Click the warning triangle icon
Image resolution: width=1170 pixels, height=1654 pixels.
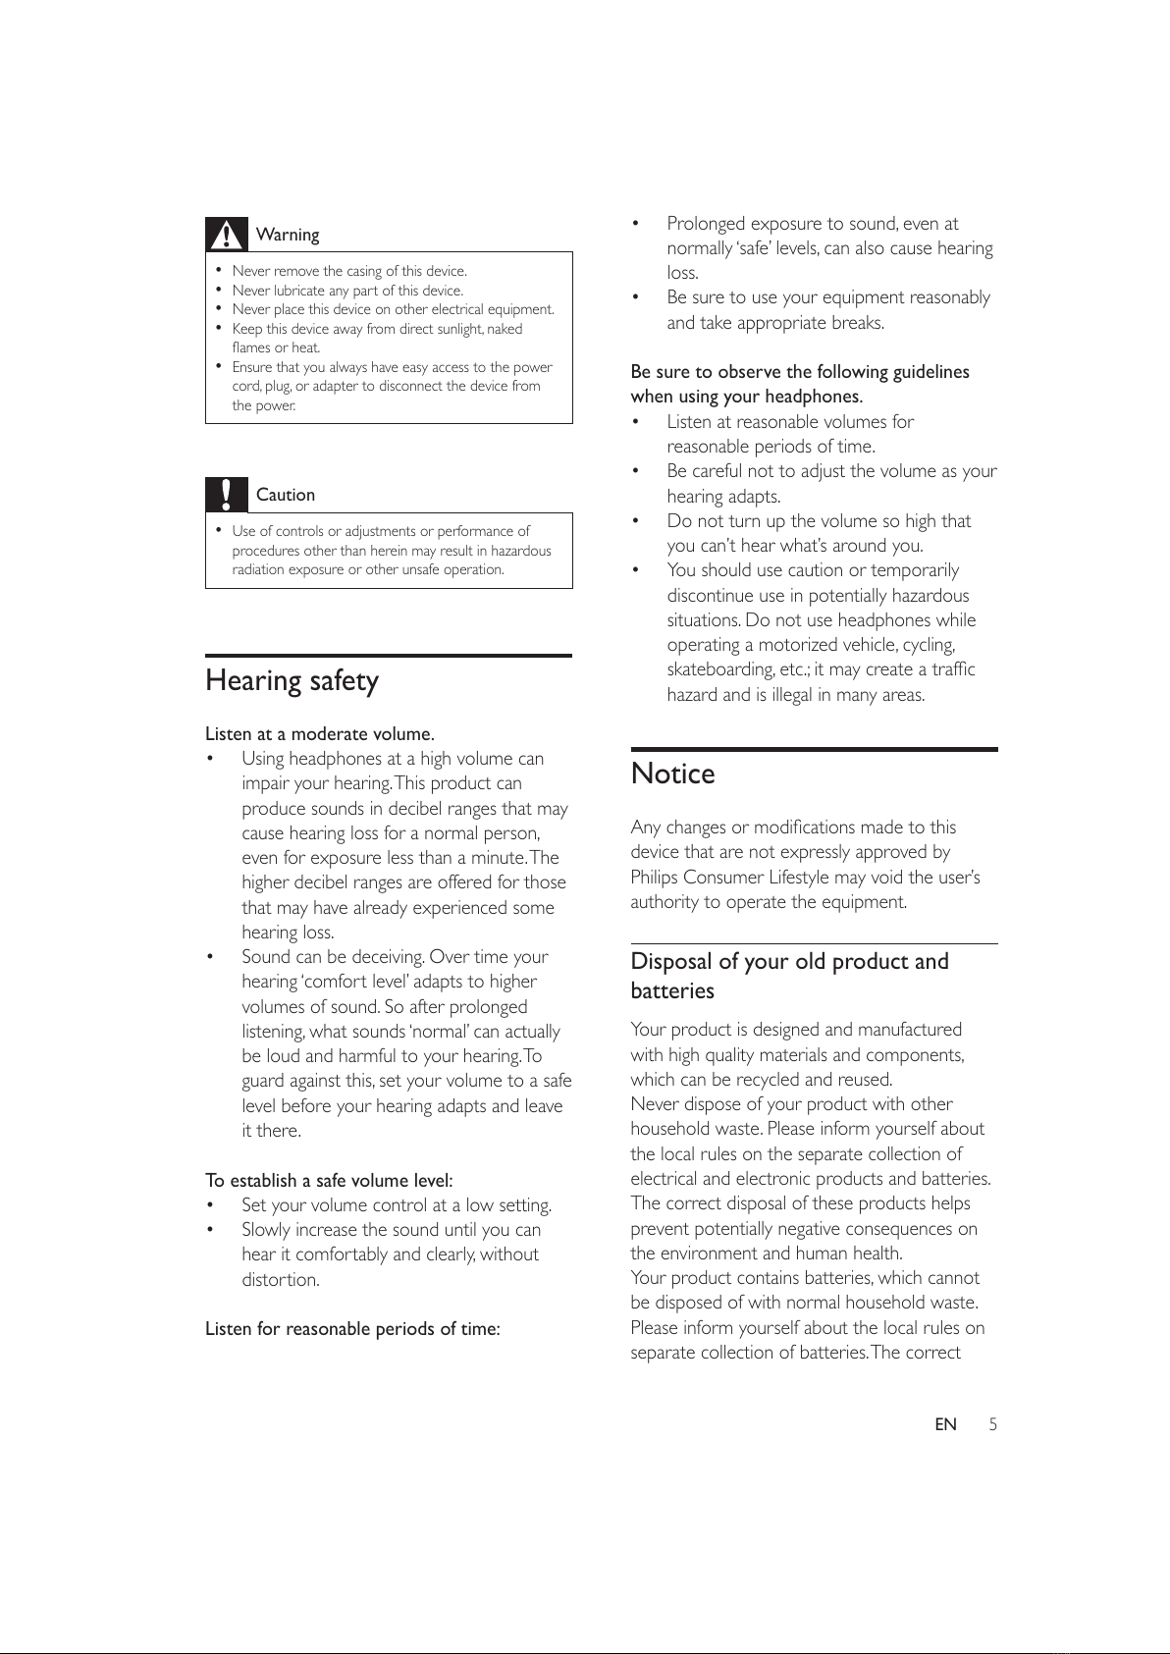coord(227,235)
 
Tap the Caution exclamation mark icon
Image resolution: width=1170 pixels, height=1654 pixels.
coord(227,494)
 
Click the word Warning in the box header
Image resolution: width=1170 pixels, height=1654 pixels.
coord(288,235)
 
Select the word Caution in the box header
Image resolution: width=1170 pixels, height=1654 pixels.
coord(286,495)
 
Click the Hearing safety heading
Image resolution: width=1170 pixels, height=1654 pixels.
coord(292,681)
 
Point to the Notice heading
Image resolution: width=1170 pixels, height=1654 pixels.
coord(673,774)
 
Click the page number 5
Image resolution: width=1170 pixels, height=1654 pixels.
coord(992,1424)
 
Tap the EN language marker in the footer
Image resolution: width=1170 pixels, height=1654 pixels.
coord(945,1424)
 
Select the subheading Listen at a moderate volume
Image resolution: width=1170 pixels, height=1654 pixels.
coord(320,733)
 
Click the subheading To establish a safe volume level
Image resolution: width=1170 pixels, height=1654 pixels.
coord(329,1180)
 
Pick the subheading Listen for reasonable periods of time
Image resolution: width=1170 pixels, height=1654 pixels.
coord(352,1328)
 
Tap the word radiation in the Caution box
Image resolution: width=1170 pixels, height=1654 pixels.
coord(258,569)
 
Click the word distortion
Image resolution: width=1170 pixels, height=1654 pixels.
coord(280,1279)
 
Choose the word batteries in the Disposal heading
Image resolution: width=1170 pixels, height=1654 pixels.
coord(672,990)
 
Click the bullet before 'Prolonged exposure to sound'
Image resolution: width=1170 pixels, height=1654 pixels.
coord(636,224)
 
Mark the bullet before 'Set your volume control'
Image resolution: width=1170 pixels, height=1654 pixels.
coord(211,1205)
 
